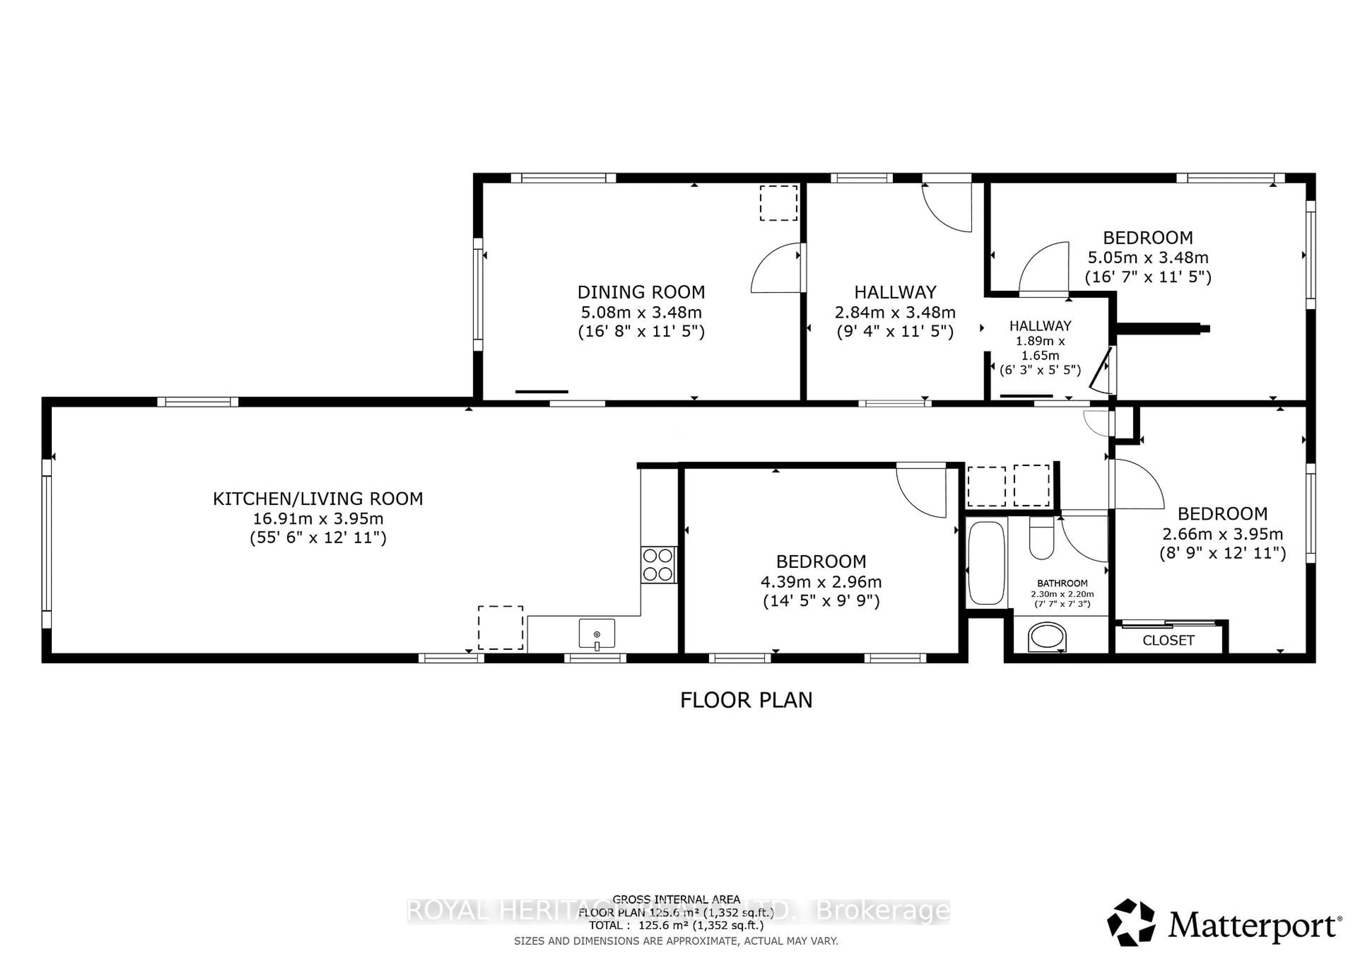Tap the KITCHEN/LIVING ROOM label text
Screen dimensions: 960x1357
point(318,499)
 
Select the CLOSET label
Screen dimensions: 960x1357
point(1168,640)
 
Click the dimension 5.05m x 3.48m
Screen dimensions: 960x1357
point(1148,258)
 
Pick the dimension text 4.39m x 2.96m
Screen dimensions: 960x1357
point(821,582)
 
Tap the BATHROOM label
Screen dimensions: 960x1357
point(1062,583)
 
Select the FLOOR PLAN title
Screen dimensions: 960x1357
point(746,701)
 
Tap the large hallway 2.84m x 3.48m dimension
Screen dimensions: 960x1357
point(895,312)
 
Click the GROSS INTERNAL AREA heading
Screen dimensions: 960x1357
point(676,899)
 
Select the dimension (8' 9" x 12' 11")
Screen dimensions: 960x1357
point(1222,553)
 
